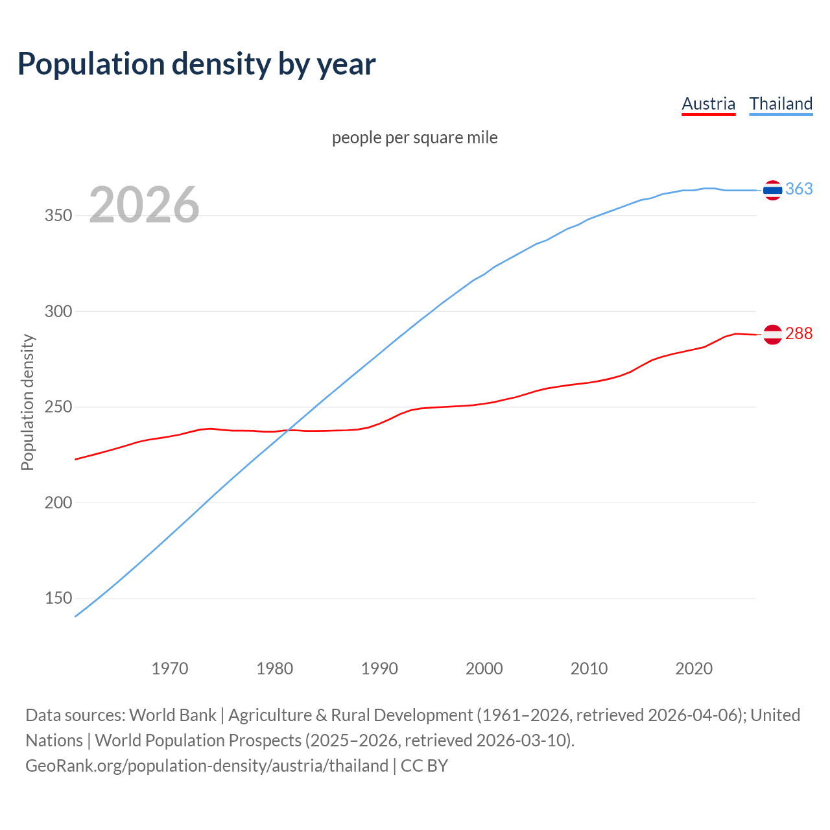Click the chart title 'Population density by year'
pyautogui.click(x=196, y=64)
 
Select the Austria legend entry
pyautogui.click(x=708, y=104)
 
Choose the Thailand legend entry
pyautogui.click(x=781, y=104)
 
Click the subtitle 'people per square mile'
pyautogui.click(x=414, y=137)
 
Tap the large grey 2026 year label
pyautogui.click(x=144, y=205)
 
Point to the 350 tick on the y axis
pyautogui.click(x=58, y=216)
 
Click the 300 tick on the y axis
pyautogui.click(x=58, y=311)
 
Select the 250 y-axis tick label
pyautogui.click(x=58, y=407)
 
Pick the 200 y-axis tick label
pyautogui.click(x=58, y=503)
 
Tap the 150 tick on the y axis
pyautogui.click(x=58, y=599)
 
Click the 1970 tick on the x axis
pyautogui.click(x=170, y=669)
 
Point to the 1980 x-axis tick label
pyautogui.click(x=275, y=669)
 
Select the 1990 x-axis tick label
pyautogui.click(x=379, y=669)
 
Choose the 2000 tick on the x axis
pyautogui.click(x=484, y=669)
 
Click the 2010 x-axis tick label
pyautogui.click(x=589, y=669)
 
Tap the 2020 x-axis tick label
pyautogui.click(x=694, y=669)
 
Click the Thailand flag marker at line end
pyautogui.click(x=772, y=190)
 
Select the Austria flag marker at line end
pyautogui.click(x=772, y=335)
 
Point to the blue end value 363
pyautogui.click(x=799, y=189)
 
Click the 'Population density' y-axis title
pyautogui.click(x=27, y=402)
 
